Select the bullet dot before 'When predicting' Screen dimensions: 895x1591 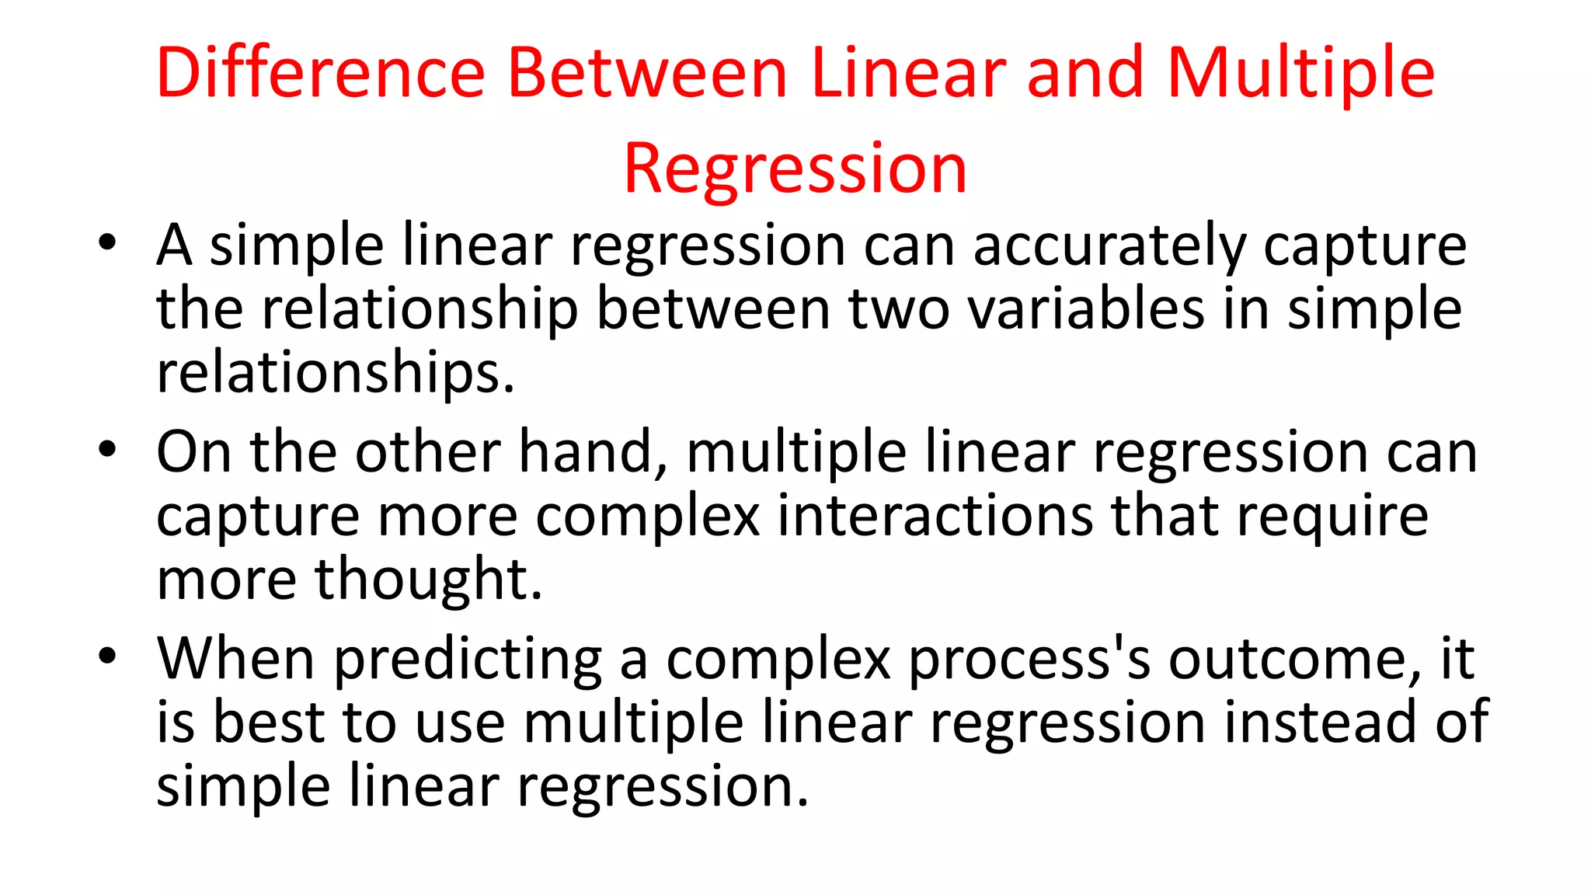pos(107,654)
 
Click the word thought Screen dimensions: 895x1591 pos(427,580)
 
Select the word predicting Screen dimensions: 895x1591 pos(468,660)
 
